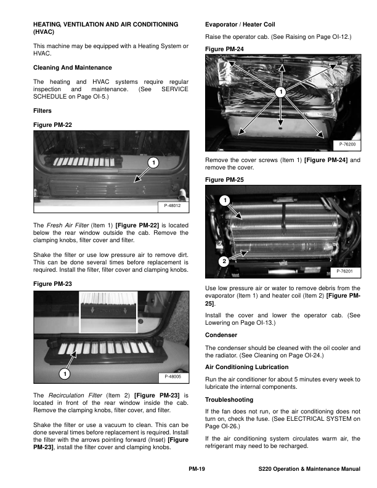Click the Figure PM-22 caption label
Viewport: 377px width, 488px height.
coord(52,125)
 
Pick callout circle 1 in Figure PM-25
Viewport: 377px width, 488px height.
coord(225,200)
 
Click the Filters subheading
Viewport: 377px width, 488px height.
coord(43,111)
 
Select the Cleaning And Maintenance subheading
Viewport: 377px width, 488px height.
coord(73,67)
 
